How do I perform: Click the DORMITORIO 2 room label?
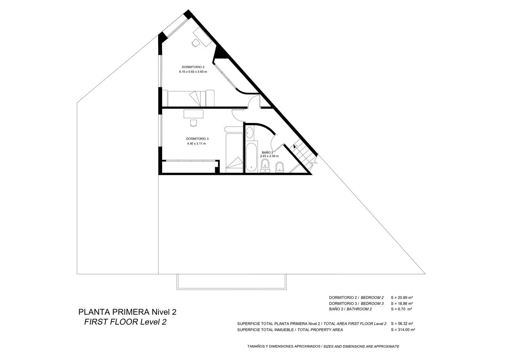pos(193,67)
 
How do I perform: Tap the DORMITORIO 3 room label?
pos(197,139)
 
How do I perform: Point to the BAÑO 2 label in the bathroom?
pos(267,152)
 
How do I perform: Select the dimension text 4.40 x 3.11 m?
pos(196,144)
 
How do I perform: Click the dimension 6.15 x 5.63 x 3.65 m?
pos(193,72)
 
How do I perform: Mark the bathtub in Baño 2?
pos(251,157)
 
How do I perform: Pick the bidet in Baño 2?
pos(280,167)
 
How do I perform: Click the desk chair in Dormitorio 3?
pos(193,123)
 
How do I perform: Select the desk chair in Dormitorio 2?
pos(195,43)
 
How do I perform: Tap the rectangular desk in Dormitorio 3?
pos(193,114)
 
